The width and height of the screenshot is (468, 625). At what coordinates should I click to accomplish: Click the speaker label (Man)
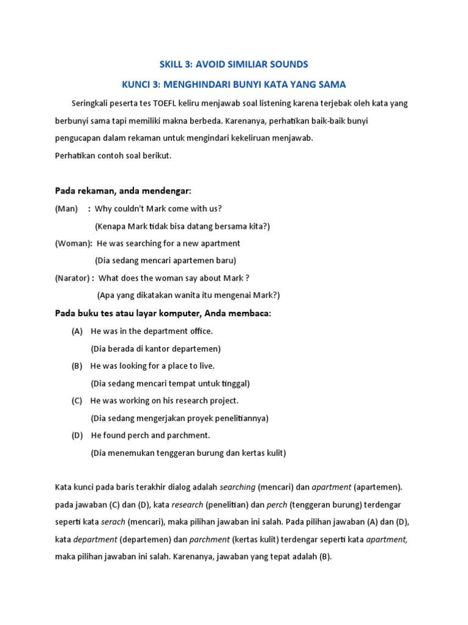tap(66, 209)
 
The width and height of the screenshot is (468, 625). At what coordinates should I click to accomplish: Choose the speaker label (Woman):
tap(74, 244)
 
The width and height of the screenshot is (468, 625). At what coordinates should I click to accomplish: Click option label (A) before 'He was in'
tap(77, 331)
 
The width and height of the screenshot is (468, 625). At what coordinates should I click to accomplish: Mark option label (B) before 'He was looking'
tap(77, 366)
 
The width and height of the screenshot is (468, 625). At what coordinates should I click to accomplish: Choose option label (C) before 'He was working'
tap(77, 401)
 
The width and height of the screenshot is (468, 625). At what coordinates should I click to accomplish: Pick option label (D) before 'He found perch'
tap(77, 436)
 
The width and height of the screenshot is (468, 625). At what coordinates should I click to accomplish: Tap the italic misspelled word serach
tap(113, 522)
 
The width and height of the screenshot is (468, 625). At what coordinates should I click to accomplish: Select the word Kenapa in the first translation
tap(111, 226)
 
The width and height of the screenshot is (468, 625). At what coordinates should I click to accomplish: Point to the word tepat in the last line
tap(278, 557)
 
